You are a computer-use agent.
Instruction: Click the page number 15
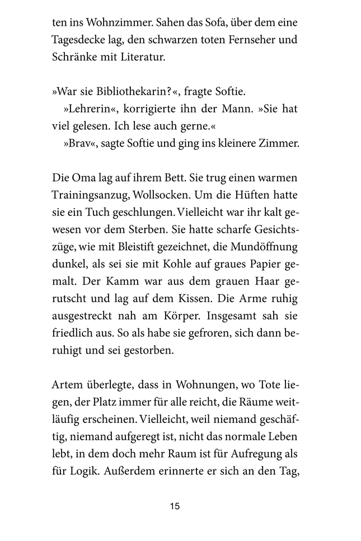point(175,506)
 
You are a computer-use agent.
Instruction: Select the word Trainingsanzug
point(88,194)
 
